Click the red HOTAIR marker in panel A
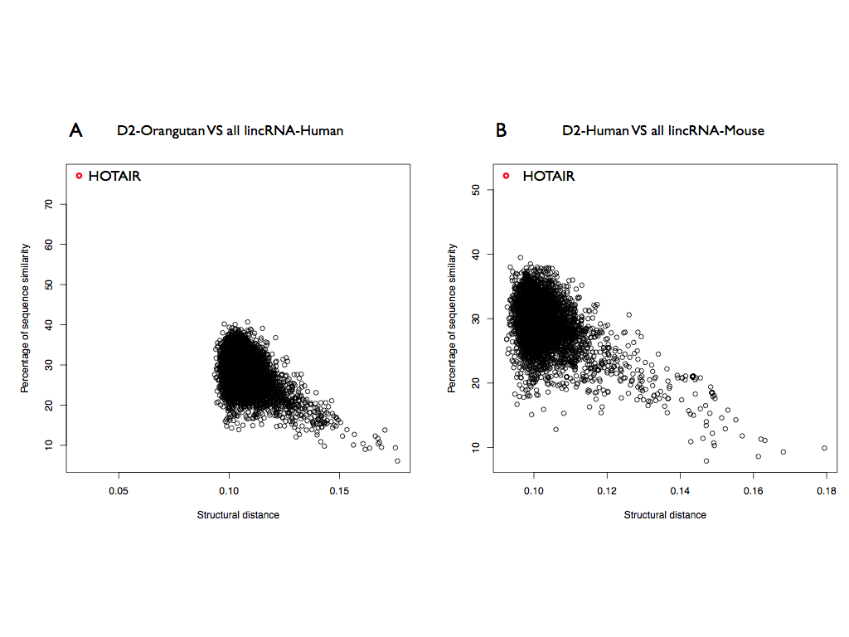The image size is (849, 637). pos(79,176)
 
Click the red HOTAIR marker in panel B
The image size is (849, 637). pos(506,176)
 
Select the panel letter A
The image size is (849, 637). pos(75,130)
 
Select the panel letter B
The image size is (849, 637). pos(501,130)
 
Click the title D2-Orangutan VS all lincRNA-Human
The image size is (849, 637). pos(230,131)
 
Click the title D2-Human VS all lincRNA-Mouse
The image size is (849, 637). pos(662,131)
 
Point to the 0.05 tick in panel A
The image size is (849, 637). pos(119,490)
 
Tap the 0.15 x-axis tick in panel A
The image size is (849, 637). pos(339,490)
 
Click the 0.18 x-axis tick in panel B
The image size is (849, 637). pos(826,490)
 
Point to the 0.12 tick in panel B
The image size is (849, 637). pos(607,490)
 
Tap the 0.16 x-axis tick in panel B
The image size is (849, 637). pos(753,490)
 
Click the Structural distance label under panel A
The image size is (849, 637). pos(238,515)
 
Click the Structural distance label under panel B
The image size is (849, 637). pos(665,515)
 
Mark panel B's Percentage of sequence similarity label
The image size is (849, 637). pos(452,318)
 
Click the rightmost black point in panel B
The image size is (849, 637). pos(824,448)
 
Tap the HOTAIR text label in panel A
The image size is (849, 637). pos(114,177)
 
